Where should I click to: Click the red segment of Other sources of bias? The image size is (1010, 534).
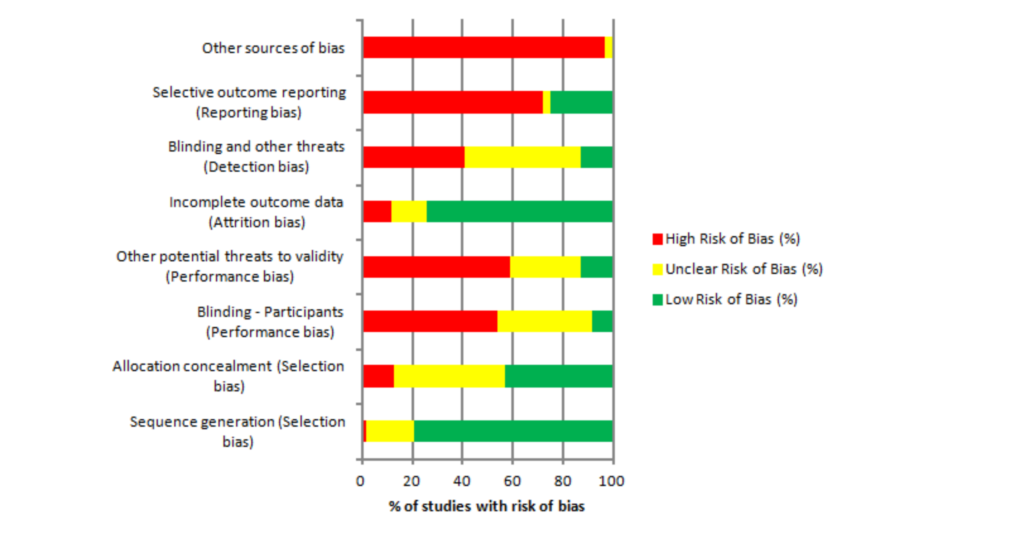484,47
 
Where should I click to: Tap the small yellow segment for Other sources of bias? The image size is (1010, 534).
608,47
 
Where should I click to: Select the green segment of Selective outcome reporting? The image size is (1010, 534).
581,102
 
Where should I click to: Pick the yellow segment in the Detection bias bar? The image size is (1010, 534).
522,157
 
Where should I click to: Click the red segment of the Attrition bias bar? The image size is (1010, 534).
377,211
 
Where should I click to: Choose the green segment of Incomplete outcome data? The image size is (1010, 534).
519,211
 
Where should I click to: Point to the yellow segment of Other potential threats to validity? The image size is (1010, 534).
545,267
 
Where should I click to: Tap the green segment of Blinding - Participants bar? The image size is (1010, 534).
602,321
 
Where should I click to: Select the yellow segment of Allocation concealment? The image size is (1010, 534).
449,376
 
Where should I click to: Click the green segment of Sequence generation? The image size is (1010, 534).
513,431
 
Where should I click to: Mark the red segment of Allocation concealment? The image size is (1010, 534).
378,376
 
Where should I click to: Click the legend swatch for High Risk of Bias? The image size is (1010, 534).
657,239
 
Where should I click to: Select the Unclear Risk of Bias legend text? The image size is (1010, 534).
744,269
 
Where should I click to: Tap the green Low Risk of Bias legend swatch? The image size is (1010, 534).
657,300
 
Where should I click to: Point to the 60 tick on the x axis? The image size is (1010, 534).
512,481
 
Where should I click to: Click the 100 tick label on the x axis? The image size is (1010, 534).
611,481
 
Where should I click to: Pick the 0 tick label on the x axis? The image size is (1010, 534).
360,481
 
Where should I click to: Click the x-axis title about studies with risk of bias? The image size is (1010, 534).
486,506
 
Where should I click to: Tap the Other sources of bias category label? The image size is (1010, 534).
273,48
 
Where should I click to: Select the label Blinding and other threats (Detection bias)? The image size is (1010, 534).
256,156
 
